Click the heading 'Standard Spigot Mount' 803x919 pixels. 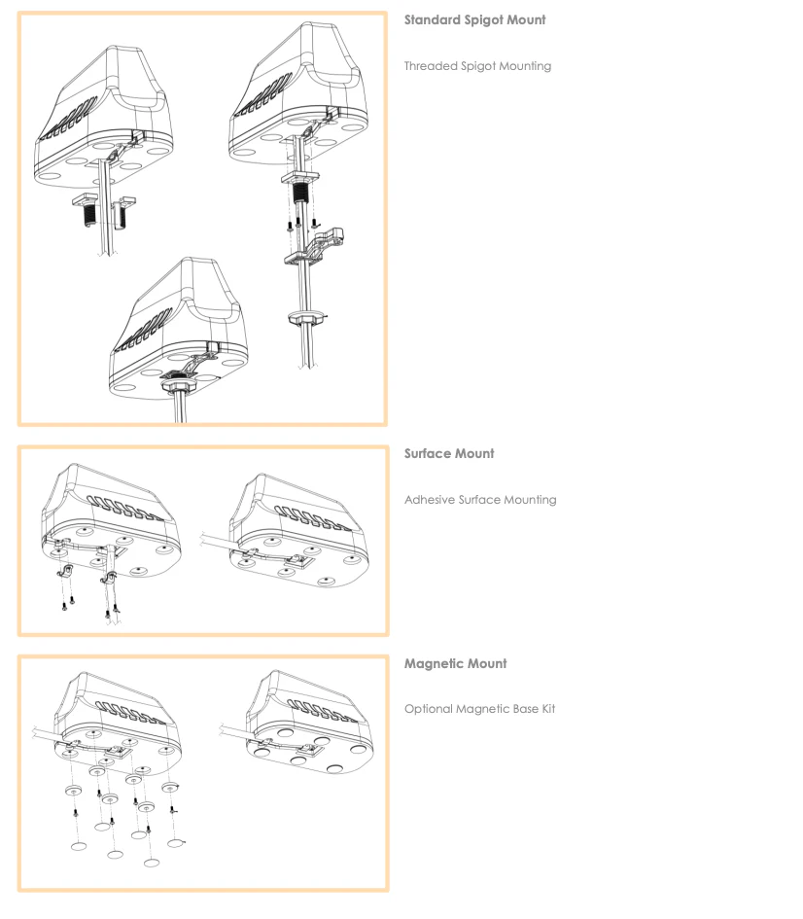[x=474, y=19]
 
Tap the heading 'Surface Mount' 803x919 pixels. [x=449, y=453]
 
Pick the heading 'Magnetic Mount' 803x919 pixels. [x=455, y=663]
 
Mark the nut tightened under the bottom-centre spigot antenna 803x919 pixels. [x=175, y=386]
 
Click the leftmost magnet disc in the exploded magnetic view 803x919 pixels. [x=74, y=790]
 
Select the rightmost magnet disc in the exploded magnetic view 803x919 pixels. [x=170, y=787]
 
